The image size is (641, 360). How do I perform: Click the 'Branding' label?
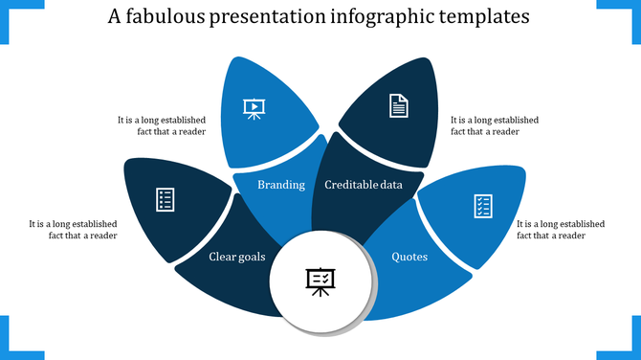pyautogui.click(x=281, y=185)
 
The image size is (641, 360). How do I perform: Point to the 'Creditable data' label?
pyautogui.click(x=364, y=185)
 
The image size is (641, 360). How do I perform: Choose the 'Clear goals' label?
pyautogui.click(x=238, y=257)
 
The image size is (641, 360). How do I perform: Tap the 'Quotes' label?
pyautogui.click(x=410, y=257)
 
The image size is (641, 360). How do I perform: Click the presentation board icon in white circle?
pyautogui.click(x=320, y=281)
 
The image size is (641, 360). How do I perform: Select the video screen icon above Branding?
pyautogui.click(x=254, y=108)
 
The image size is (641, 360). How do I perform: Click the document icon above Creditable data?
pyautogui.click(x=398, y=105)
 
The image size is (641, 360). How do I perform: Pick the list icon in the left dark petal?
pyautogui.click(x=165, y=199)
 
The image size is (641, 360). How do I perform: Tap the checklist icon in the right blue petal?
pyautogui.click(x=483, y=205)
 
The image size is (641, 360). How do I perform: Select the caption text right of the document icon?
pyautogui.click(x=495, y=126)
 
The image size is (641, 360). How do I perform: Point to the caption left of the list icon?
pyautogui.click(x=74, y=230)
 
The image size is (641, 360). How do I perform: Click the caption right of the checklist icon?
pyautogui.click(x=561, y=230)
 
